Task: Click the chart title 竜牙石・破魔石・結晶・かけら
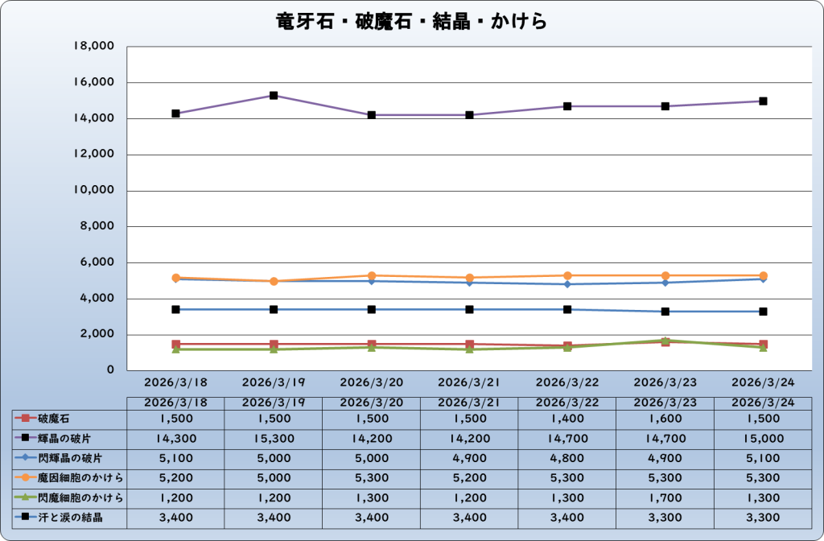411,22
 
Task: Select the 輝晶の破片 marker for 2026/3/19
274,96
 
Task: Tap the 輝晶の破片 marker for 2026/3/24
763,101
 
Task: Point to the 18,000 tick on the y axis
94,47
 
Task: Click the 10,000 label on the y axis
94,191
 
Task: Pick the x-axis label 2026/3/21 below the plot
469,381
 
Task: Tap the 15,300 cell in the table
274,439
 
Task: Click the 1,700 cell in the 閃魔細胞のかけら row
665,498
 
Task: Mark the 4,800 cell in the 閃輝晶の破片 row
567,459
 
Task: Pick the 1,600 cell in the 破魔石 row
665,419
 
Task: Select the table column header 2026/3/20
372,401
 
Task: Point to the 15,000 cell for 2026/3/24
763,439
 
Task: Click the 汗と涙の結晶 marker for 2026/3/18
175,309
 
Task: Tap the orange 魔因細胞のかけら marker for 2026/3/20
372,276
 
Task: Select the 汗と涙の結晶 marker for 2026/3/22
567,309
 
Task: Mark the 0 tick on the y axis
110,371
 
